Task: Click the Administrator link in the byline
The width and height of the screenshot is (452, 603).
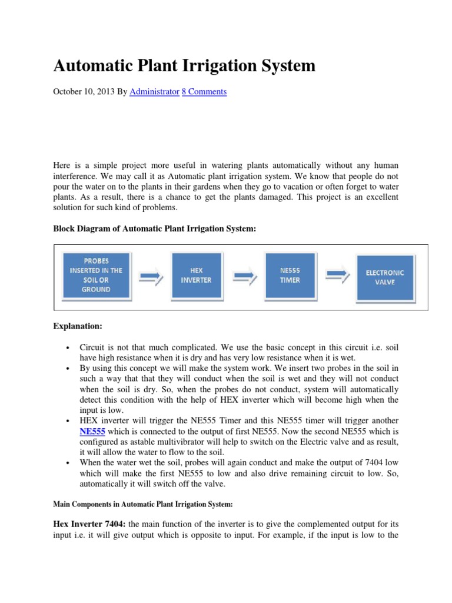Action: [154, 92]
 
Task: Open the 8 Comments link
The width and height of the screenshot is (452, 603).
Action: [204, 92]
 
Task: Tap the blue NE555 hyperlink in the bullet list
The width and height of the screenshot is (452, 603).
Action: [92, 431]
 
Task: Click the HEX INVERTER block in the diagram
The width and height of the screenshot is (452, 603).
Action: [196, 275]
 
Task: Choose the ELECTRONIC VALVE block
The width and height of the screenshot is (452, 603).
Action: [385, 277]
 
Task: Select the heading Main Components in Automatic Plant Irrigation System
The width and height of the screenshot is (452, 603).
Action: [143, 504]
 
